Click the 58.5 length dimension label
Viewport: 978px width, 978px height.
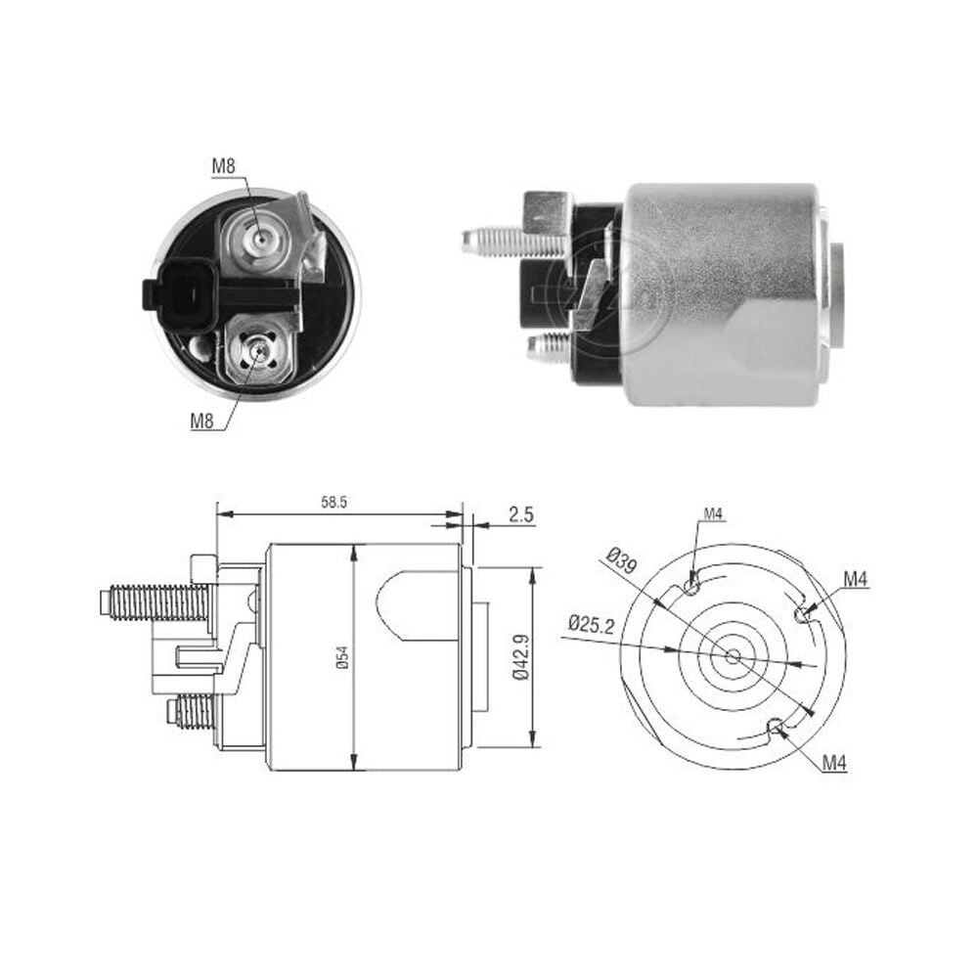tap(333, 503)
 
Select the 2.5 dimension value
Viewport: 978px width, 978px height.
tap(521, 514)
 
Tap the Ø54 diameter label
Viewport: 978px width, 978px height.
tap(343, 657)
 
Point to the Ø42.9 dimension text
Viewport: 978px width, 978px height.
tap(521, 657)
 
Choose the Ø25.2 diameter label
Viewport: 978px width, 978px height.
tap(592, 624)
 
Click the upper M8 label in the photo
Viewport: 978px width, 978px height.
tap(223, 166)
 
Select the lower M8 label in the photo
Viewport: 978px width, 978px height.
tap(202, 421)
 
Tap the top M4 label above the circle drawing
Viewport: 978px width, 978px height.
tap(713, 514)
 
